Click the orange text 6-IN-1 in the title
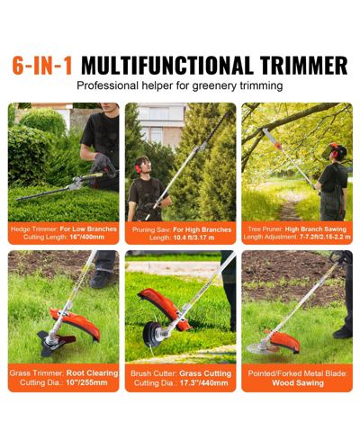[x=42, y=65]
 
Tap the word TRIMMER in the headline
[x=303, y=65]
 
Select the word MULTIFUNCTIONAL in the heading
[x=166, y=65]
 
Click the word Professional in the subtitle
[x=107, y=85]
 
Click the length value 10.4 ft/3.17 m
[x=193, y=238]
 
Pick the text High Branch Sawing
[x=316, y=229]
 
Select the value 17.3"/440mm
[x=203, y=383]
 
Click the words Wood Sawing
[x=298, y=383]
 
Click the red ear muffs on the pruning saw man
[x=138, y=168]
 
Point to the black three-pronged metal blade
[x=56, y=342]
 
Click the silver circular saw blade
[x=256, y=348]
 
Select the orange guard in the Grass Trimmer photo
[x=77, y=322]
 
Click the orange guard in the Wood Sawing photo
[x=283, y=341]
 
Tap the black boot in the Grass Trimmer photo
[x=101, y=279]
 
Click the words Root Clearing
[x=92, y=373]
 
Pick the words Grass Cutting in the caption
[x=205, y=373]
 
